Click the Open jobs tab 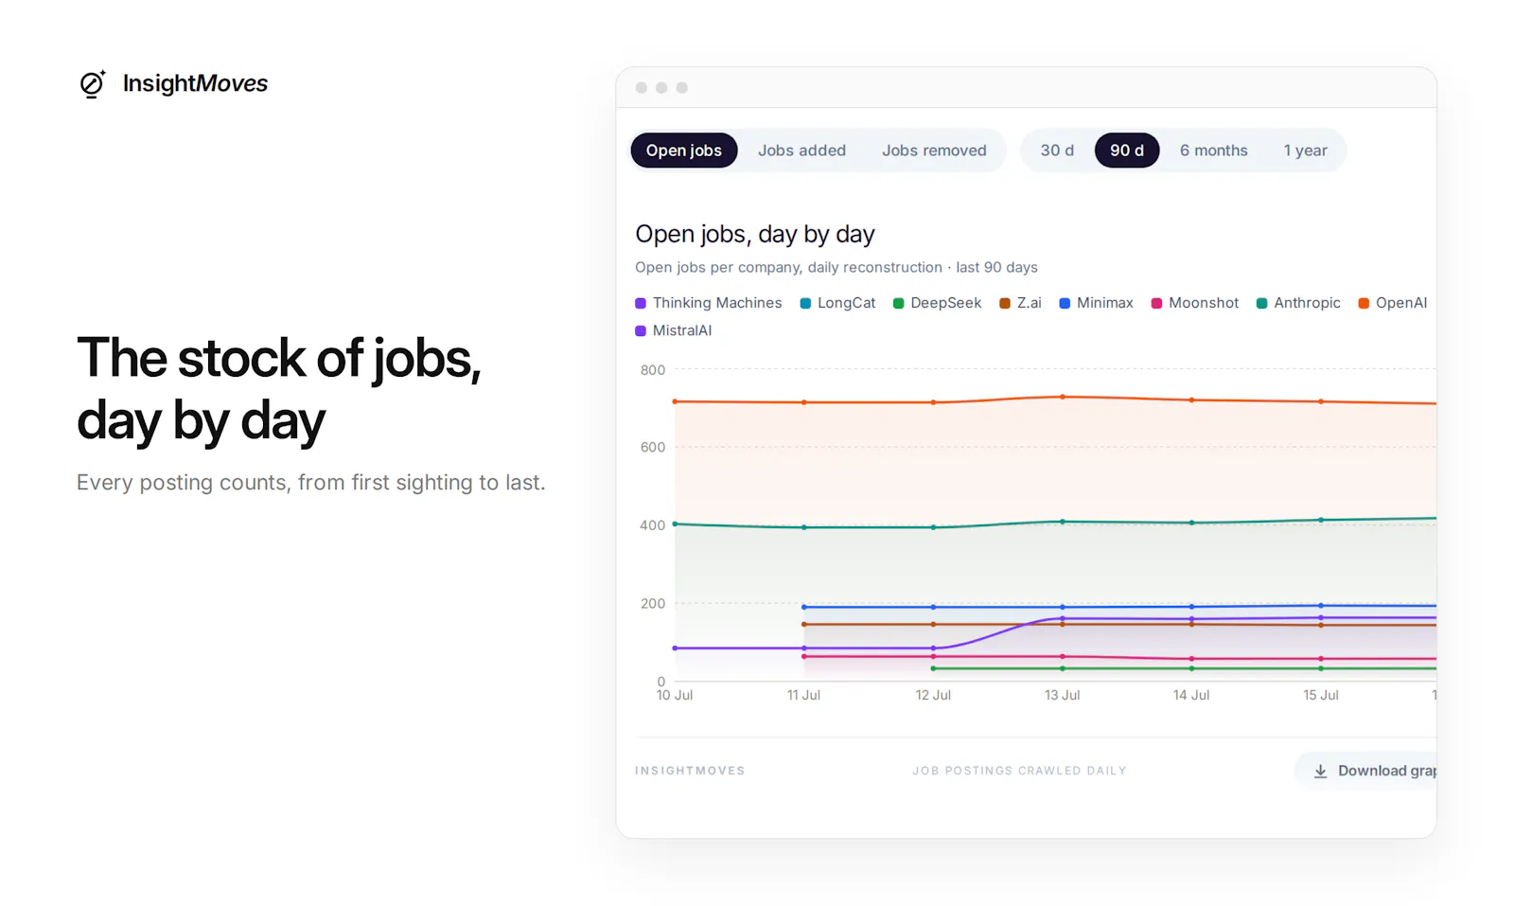coord(683,151)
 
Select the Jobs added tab coord(801,151)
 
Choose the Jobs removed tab coord(934,151)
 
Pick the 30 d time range coord(1057,151)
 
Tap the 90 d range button coord(1127,151)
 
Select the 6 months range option coord(1214,151)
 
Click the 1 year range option coord(1305,151)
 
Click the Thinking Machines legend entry coord(709,303)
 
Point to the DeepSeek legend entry coord(937,303)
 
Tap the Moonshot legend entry coord(1194,303)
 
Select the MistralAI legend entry coord(673,330)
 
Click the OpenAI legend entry coord(1392,303)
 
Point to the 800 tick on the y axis coord(653,370)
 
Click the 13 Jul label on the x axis coord(1062,695)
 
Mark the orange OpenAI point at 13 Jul coord(1063,397)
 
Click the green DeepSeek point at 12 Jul coord(933,668)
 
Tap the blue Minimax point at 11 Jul coord(803,607)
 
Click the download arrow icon coord(1320,771)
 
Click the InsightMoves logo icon coord(93,84)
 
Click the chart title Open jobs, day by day coord(755,234)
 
